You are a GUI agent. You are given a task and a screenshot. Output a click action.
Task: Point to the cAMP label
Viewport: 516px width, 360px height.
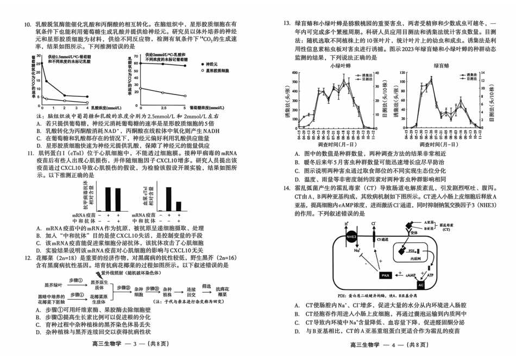[x=412, y=276]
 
